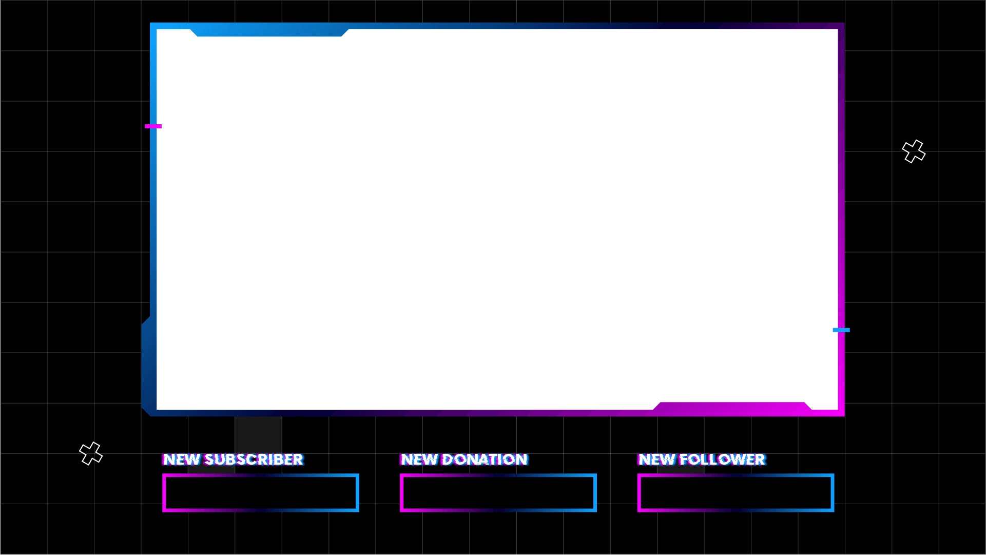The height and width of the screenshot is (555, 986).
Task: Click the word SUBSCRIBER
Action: tap(254, 460)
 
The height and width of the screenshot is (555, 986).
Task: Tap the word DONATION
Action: tap(484, 460)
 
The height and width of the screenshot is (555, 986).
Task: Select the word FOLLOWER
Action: tap(722, 460)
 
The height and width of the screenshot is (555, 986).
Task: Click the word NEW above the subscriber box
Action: tap(181, 460)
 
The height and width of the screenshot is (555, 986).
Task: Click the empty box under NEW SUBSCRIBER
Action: tap(261, 493)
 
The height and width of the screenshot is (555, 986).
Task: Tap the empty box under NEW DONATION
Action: tap(498, 493)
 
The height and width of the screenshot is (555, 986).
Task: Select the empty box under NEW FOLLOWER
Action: tap(736, 493)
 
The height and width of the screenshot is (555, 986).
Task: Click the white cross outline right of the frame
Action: tap(914, 151)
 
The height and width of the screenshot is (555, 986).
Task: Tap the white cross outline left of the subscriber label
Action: tap(91, 453)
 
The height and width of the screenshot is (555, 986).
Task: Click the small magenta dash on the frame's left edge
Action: tap(153, 126)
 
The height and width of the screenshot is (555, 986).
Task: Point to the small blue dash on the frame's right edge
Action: tap(841, 330)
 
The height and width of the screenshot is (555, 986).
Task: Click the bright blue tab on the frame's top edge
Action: tap(269, 32)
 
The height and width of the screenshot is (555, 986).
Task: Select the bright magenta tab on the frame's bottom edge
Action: tap(732, 407)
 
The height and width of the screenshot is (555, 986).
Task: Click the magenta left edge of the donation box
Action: tap(402, 493)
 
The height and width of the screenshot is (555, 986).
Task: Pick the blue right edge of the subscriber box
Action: tap(357, 493)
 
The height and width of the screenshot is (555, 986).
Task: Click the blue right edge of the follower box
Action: tap(832, 493)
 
